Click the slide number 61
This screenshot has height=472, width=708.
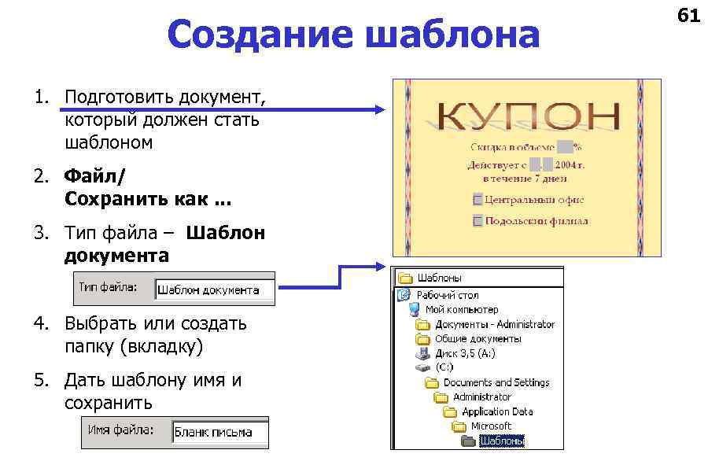[x=688, y=15]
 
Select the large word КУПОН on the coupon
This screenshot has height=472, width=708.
[x=526, y=116]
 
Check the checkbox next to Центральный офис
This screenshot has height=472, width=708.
[x=478, y=200]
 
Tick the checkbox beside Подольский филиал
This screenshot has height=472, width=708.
[x=478, y=221]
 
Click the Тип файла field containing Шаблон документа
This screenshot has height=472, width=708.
[x=214, y=289]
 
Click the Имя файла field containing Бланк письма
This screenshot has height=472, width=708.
[x=219, y=432]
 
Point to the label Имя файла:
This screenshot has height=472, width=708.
[x=120, y=430]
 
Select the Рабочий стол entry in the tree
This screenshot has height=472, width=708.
[x=447, y=295]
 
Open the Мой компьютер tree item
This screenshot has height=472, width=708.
[x=461, y=309]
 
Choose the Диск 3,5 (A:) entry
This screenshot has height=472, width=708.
[x=465, y=353]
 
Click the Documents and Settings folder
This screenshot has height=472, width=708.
[x=496, y=382]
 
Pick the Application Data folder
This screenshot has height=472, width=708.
[x=496, y=411]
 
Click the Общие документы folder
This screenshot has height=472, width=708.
[x=478, y=338]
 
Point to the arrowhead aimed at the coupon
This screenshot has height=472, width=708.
[x=378, y=111]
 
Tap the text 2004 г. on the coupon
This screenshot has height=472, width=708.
[x=571, y=165]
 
